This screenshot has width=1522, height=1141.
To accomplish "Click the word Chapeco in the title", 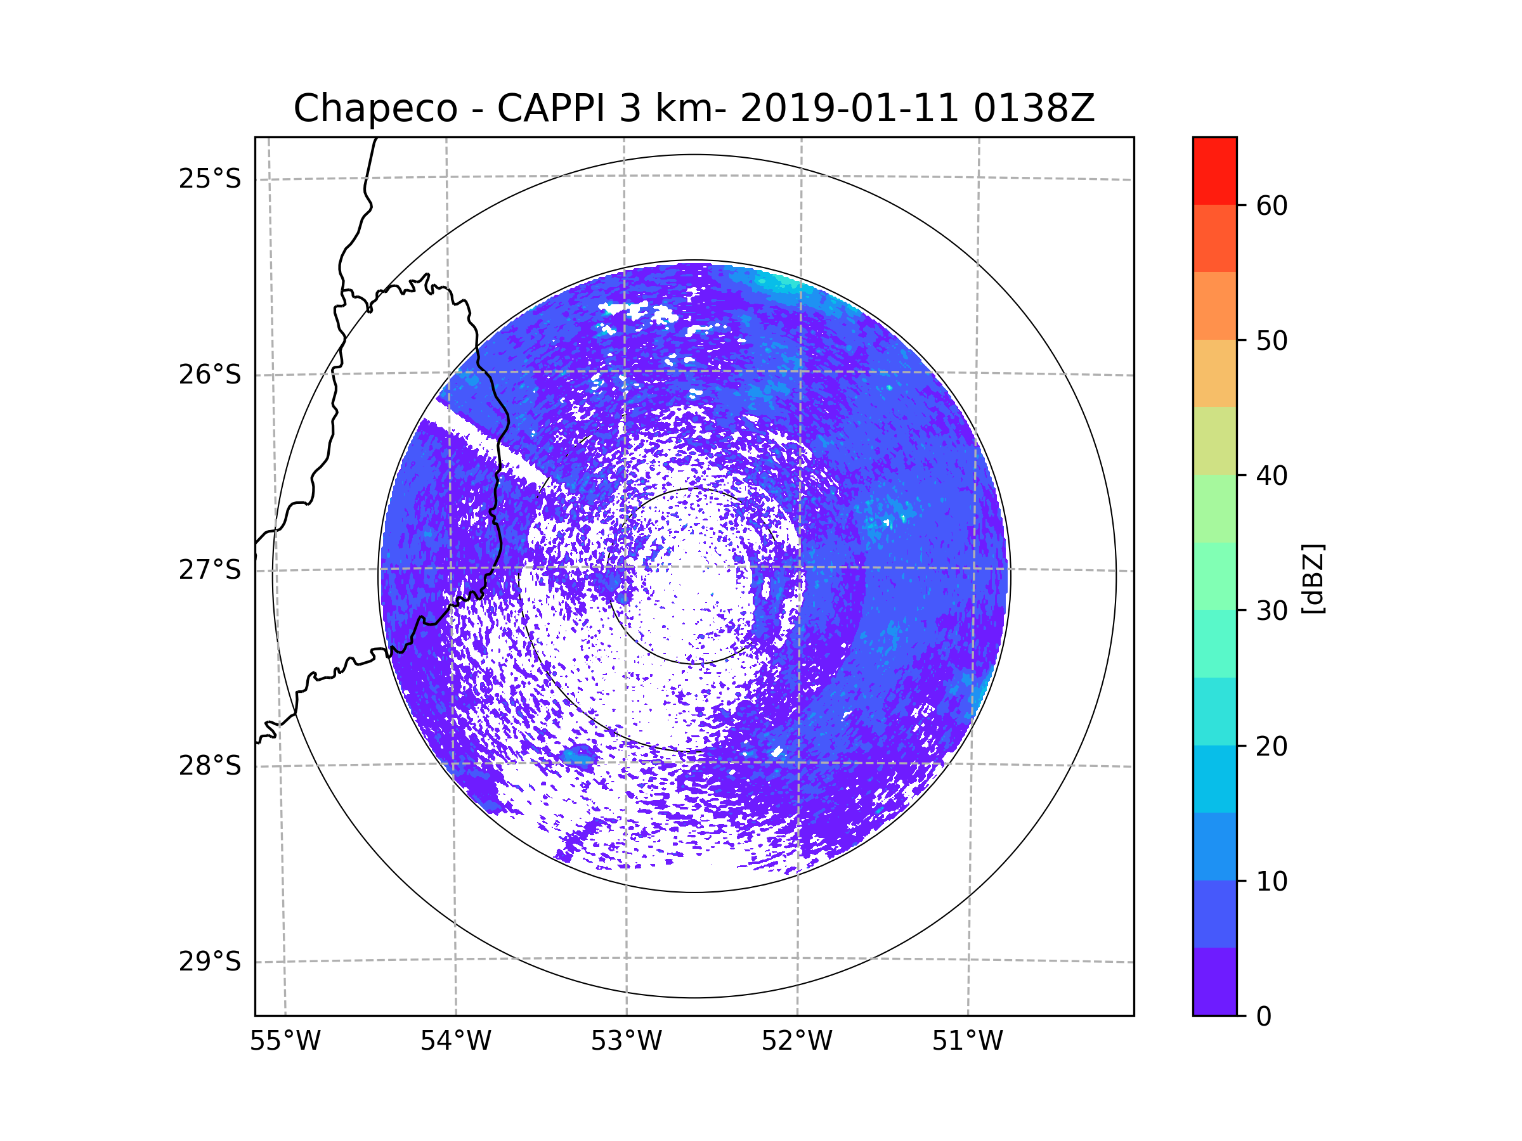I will pyautogui.click(x=375, y=108).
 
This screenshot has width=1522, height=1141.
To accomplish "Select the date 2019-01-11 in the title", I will pyautogui.click(x=849, y=108).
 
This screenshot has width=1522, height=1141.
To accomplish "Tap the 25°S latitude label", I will pyautogui.click(x=210, y=179).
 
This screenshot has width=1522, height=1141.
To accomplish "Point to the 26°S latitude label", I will pyautogui.click(x=210, y=375).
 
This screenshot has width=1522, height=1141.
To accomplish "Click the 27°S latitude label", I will pyautogui.click(x=210, y=570).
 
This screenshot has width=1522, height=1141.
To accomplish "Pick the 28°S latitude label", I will pyautogui.click(x=210, y=766).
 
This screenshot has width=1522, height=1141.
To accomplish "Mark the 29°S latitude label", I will pyautogui.click(x=210, y=962).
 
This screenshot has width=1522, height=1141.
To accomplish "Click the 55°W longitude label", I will pyautogui.click(x=285, y=1041).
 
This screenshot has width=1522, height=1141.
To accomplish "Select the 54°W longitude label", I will pyautogui.click(x=455, y=1041).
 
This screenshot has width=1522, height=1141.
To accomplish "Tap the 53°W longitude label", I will pyautogui.click(x=626, y=1041).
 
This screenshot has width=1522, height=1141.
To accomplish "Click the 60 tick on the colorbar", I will pyautogui.click(x=1272, y=205).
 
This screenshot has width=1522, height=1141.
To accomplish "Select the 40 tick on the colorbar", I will pyautogui.click(x=1272, y=476).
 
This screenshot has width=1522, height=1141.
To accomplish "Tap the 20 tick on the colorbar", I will pyautogui.click(x=1272, y=746).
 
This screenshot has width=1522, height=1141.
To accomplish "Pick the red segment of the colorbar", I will pyautogui.click(x=1214, y=171).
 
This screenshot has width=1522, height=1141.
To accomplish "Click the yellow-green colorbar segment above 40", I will pyautogui.click(x=1214, y=441).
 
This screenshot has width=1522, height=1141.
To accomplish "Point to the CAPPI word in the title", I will pyautogui.click(x=550, y=108).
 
